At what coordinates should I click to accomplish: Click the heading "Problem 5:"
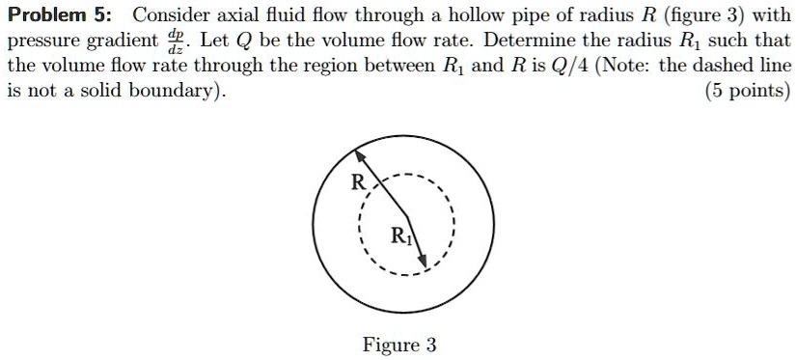coord(62,15)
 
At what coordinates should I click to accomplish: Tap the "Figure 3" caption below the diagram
coord(398,345)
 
